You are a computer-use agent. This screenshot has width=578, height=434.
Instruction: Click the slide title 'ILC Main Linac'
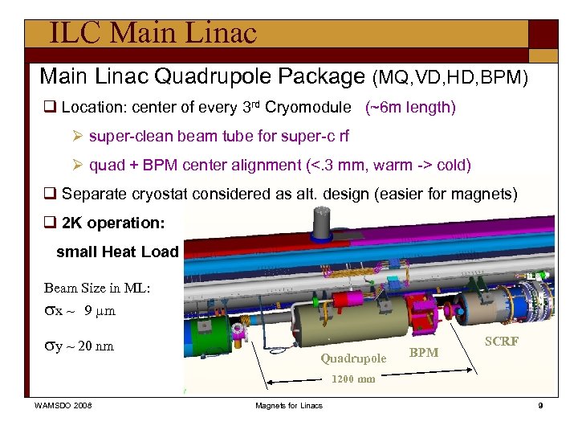153,33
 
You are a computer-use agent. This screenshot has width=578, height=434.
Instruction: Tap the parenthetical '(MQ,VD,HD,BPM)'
450,77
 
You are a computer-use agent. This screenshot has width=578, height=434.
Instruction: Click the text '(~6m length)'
410,108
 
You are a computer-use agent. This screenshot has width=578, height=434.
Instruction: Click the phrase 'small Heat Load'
117,252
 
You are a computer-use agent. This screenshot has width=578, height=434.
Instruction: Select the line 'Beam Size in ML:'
97,289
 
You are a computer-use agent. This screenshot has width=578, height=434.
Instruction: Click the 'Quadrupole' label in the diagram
353,358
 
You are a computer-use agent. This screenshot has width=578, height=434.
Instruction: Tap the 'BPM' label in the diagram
424,352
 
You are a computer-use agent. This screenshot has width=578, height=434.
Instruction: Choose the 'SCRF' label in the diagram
502,342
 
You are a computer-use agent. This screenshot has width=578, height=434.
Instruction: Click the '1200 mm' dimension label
353,379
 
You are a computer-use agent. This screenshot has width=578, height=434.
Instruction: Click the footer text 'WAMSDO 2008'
63,405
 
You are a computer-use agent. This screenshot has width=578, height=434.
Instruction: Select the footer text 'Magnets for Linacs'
289,405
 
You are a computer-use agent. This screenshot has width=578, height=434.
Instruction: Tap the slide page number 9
540,405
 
